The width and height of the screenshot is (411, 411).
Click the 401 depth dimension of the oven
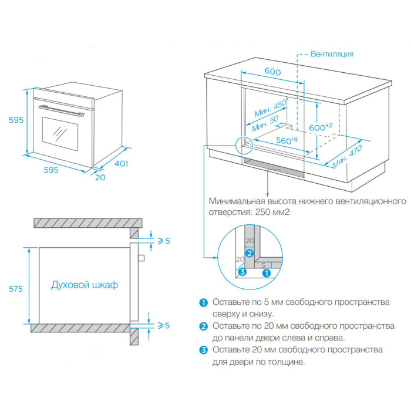pyautogui.click(x=121, y=164)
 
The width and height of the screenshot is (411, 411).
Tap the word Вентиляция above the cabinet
pyautogui.click(x=332, y=54)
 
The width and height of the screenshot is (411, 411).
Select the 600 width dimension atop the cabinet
pyautogui.click(x=272, y=71)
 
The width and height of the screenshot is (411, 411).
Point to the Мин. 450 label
pyautogui.click(x=270, y=107)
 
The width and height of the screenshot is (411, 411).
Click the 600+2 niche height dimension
pyautogui.click(x=321, y=127)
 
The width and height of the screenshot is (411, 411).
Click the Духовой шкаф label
pyautogui.click(x=85, y=285)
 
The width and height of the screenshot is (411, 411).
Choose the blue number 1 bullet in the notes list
pyautogui.click(x=204, y=302)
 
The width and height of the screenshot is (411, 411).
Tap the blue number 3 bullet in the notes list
pyautogui.click(x=204, y=351)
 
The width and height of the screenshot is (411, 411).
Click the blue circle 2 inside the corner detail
pyautogui.click(x=250, y=254)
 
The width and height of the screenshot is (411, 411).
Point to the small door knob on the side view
pyautogui.click(x=140, y=257)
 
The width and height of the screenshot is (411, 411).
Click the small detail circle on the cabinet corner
pyautogui.click(x=241, y=144)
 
